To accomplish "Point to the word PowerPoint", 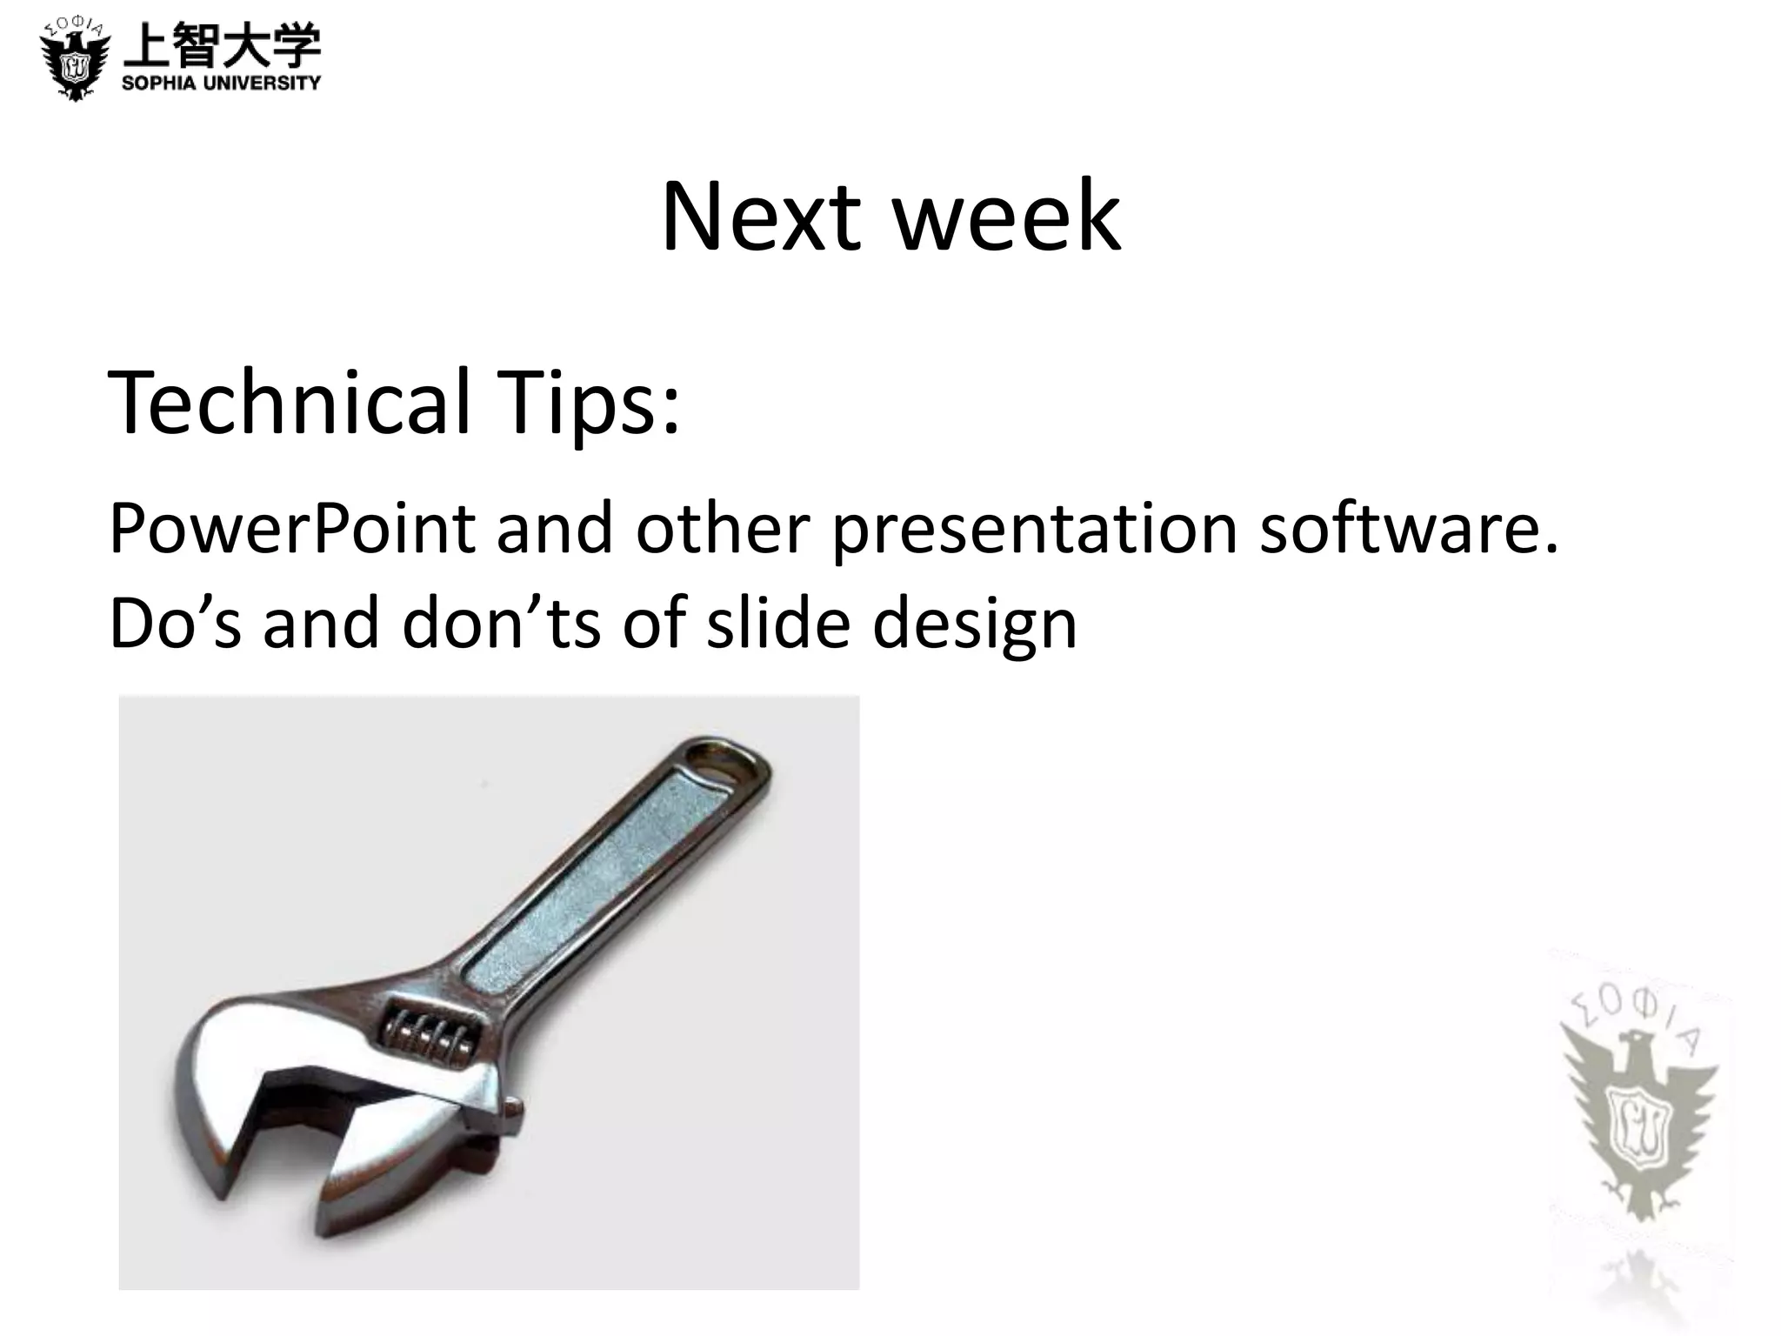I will (292, 529).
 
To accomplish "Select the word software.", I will (1409, 529).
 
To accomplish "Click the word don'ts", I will (500, 623).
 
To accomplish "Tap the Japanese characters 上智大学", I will (222, 45).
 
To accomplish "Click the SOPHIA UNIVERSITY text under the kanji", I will (222, 83).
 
